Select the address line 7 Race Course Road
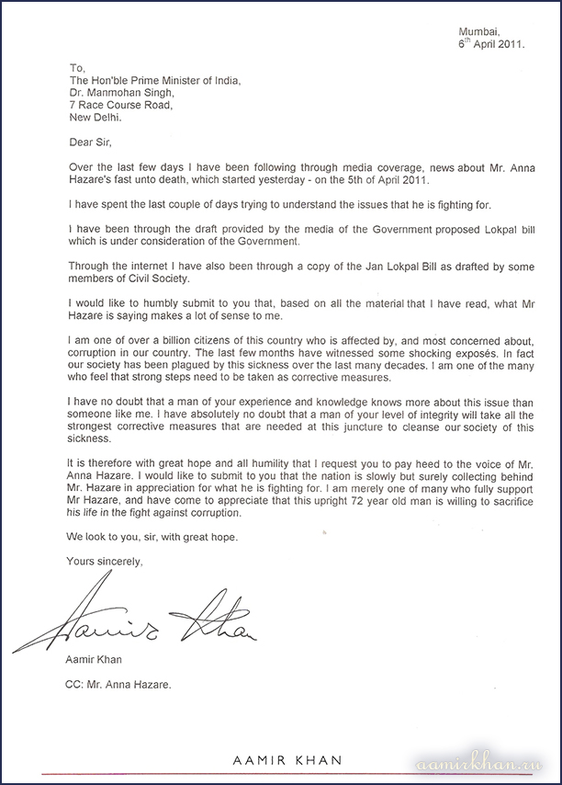[x=122, y=105]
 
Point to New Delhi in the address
[x=96, y=118]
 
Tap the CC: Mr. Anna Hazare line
[x=119, y=686]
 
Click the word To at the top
[x=76, y=67]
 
